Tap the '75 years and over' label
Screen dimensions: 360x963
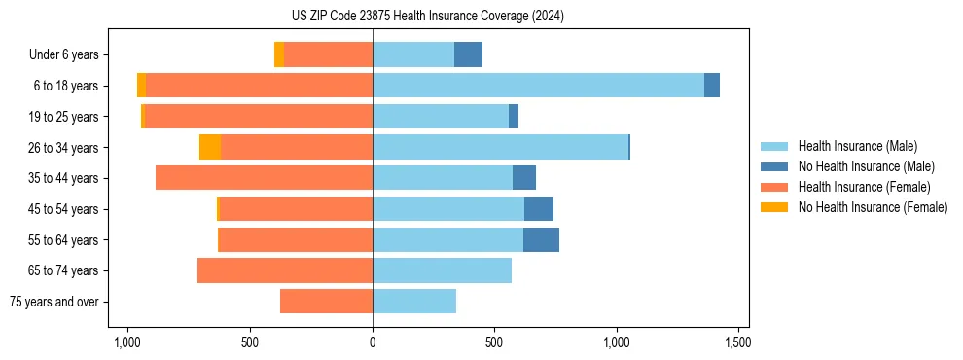[x=54, y=302]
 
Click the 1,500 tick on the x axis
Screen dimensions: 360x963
[x=737, y=342]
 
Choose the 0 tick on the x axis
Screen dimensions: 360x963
[x=373, y=342]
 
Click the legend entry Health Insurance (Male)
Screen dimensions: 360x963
[x=857, y=146]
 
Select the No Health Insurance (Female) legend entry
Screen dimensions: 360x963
[x=873, y=207]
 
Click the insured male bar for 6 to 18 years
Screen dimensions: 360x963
[x=538, y=86]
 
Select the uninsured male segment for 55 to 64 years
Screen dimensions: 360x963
[x=541, y=239]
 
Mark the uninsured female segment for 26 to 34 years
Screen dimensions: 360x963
[x=210, y=147]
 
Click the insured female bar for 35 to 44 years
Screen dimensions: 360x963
[x=264, y=178]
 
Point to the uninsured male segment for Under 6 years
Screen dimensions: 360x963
[x=468, y=54]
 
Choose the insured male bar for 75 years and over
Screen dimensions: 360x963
[x=414, y=302]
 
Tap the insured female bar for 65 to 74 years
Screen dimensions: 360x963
[x=285, y=270]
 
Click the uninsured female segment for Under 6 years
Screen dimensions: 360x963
[x=279, y=54]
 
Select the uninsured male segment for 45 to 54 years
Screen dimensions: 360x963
[x=539, y=209]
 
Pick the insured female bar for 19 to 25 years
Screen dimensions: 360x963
[x=258, y=117]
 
